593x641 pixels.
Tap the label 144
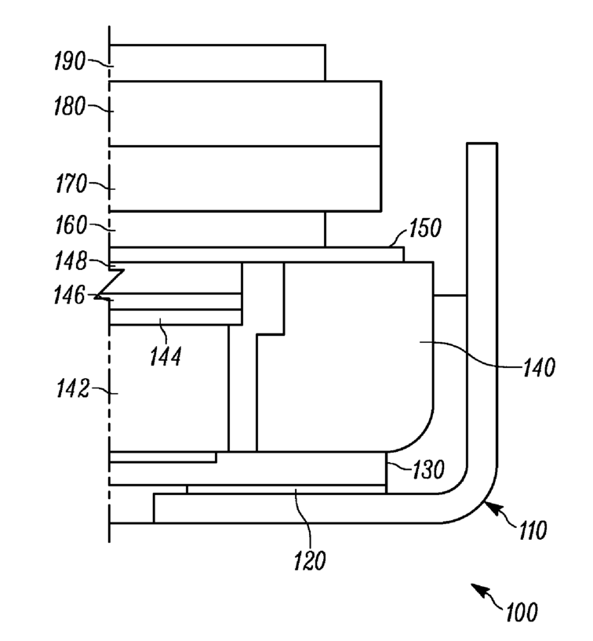pyautogui.click(x=166, y=357)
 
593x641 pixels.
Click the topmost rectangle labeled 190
pyautogui.click(x=217, y=63)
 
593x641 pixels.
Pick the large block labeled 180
pyautogui.click(x=245, y=113)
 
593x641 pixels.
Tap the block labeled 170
pyautogui.click(x=245, y=179)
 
